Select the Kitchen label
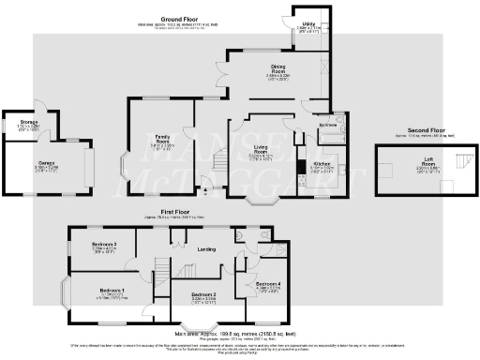click(x=320, y=163)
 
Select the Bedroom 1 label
click(x=112, y=291)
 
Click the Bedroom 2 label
click(x=203, y=295)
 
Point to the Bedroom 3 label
click(x=103, y=247)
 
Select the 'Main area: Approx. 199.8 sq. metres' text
click(x=240, y=333)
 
